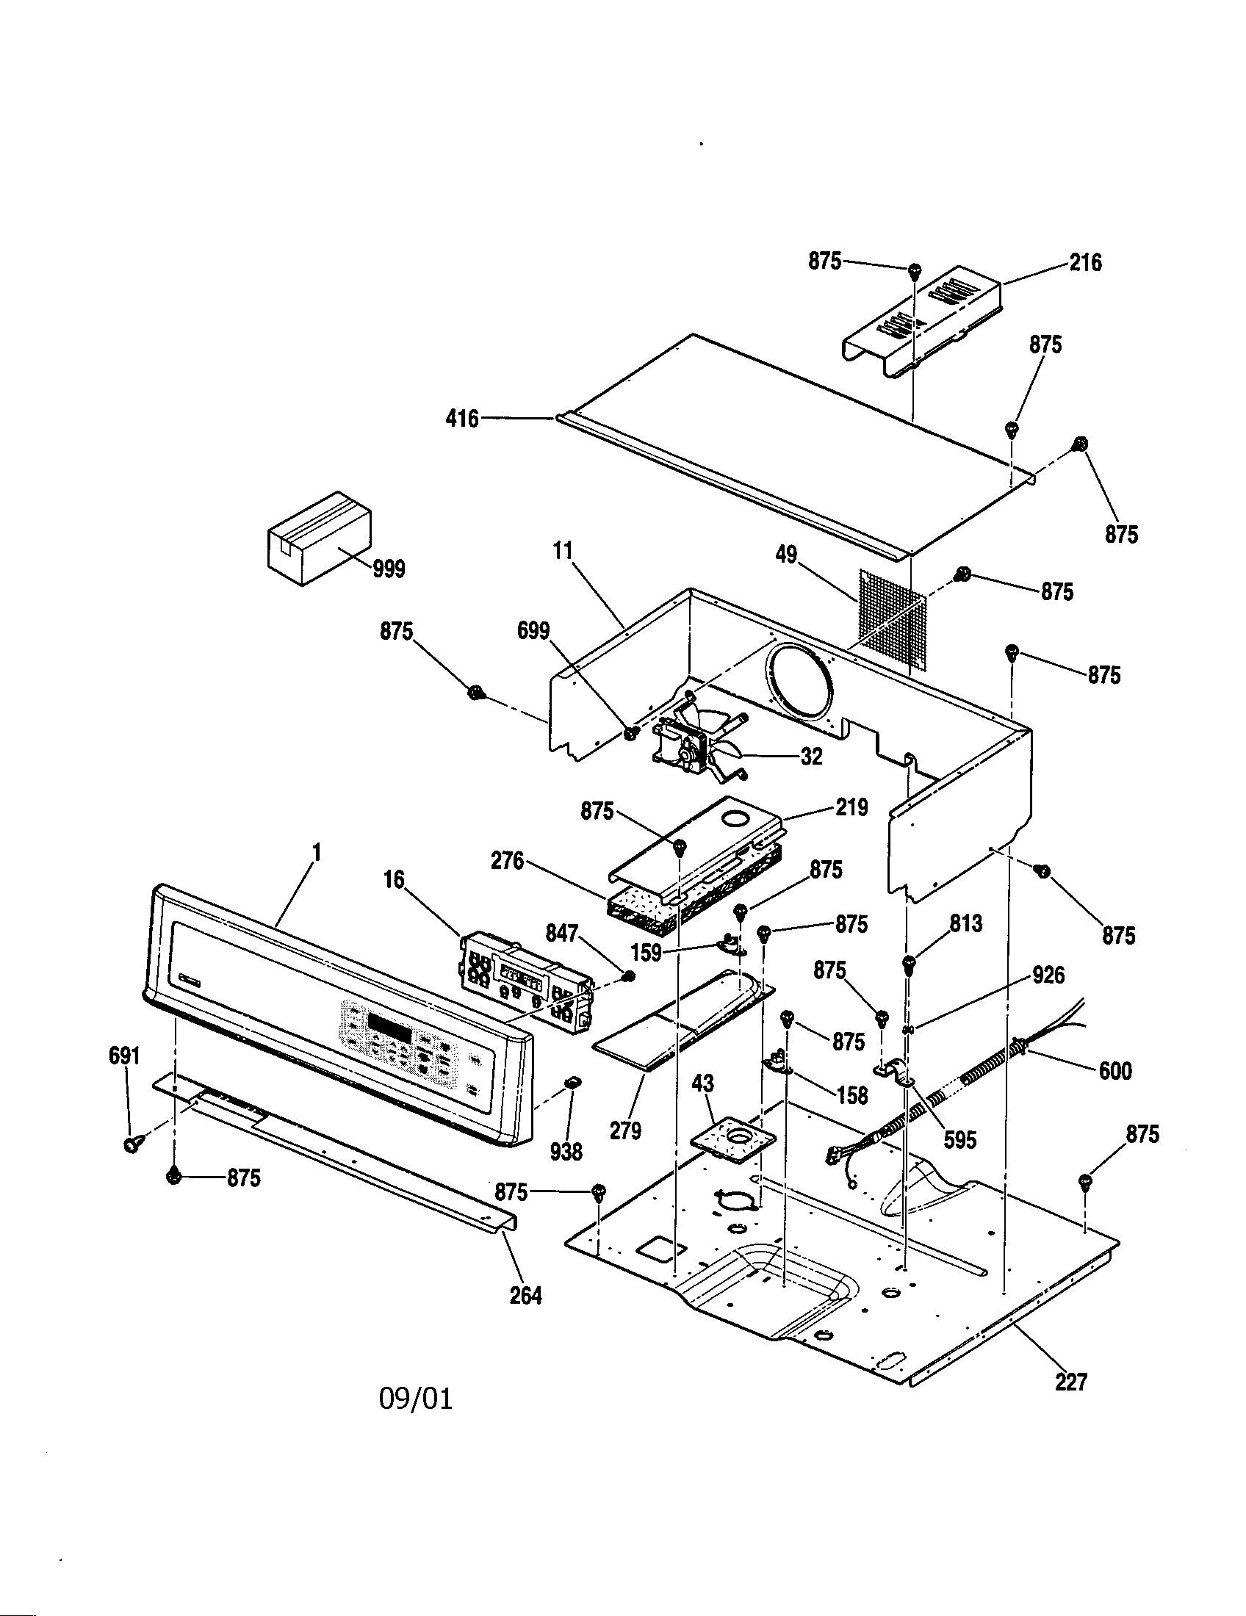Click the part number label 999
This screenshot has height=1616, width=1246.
point(388,570)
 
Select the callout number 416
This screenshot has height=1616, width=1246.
point(462,419)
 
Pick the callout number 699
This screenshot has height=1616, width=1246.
point(533,631)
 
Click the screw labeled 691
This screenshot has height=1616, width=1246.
point(132,1144)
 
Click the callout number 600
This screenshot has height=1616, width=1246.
point(1114,1071)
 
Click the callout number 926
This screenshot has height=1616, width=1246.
point(1048,975)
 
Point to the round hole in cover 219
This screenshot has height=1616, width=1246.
point(735,818)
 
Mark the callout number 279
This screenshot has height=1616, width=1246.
point(625,1130)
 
